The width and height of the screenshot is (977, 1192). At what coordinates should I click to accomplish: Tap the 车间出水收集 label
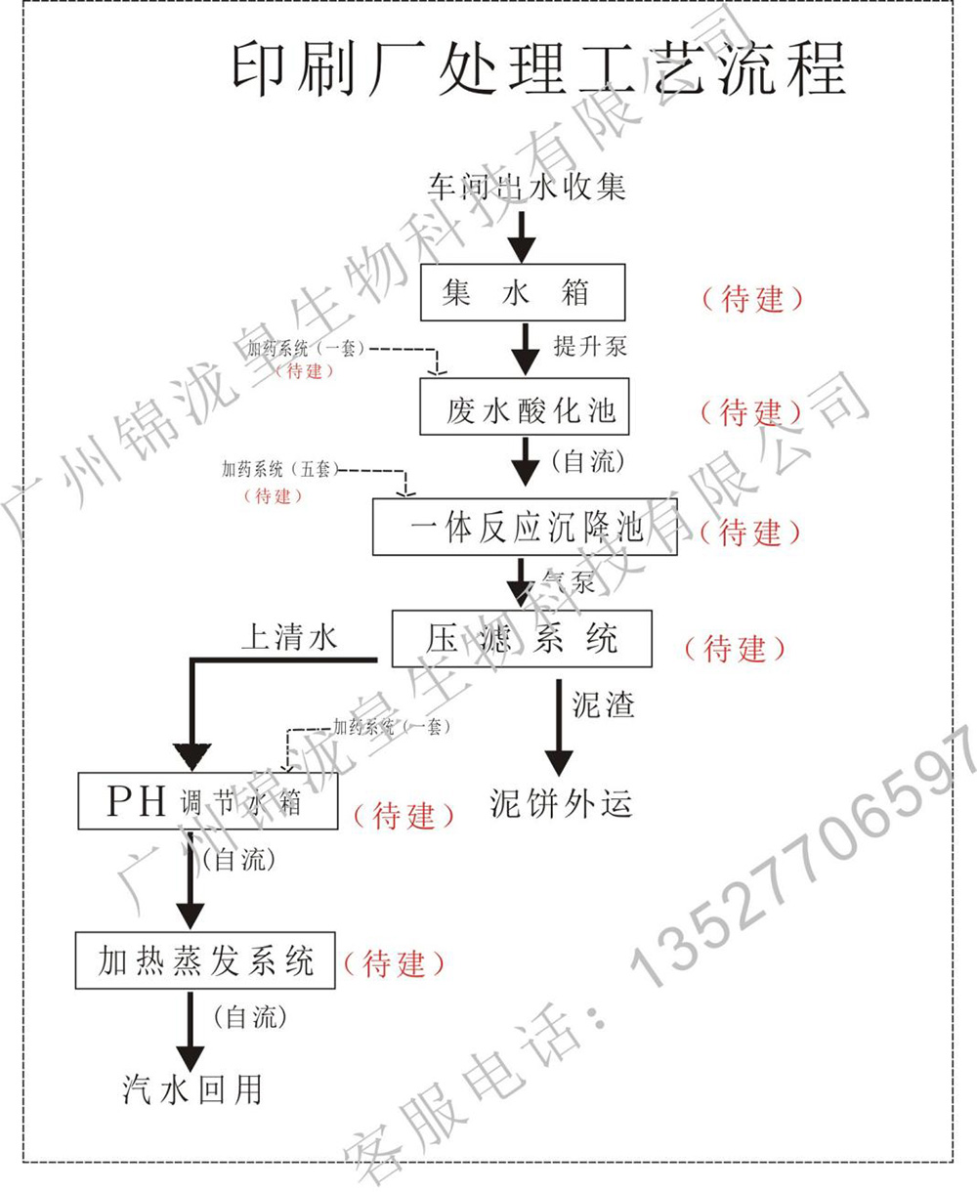coord(527,186)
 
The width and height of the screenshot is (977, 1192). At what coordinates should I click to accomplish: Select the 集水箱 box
coord(523,292)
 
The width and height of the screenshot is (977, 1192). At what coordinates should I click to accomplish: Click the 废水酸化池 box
coord(525,408)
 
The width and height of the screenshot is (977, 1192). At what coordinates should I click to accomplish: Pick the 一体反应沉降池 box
coord(525,528)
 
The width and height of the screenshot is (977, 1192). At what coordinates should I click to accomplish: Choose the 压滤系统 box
coord(522,640)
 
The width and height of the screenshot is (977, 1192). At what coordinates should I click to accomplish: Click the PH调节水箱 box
coord(208,801)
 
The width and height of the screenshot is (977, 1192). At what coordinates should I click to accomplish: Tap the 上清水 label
coord(289,638)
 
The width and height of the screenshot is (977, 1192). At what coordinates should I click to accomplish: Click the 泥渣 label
coord(603,704)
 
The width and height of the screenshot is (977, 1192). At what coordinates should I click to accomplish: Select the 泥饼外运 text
coord(561,803)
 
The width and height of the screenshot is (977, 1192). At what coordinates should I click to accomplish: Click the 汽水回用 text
coord(192,1089)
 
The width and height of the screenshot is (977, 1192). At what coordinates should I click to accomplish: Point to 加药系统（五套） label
coord(280,470)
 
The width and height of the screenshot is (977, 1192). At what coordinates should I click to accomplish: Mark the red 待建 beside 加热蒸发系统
coord(394,964)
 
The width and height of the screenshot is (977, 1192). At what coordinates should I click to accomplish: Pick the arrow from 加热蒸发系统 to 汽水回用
coord(190,1032)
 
